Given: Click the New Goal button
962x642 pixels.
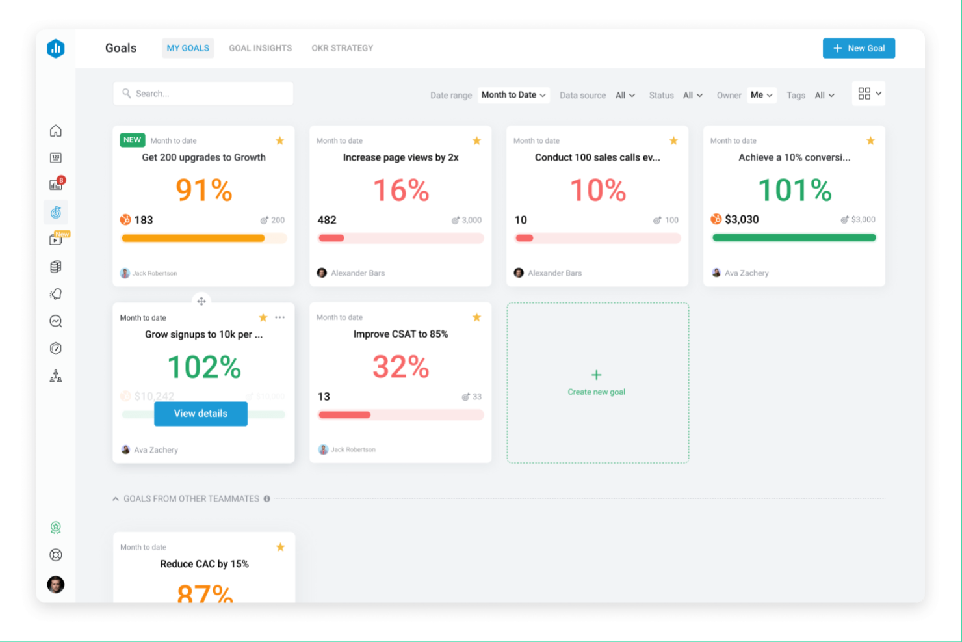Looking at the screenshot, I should tap(859, 48).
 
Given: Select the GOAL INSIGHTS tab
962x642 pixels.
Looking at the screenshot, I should tap(260, 48).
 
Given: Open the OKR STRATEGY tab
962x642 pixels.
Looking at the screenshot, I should tap(342, 48).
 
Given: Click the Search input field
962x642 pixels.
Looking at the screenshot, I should tap(203, 94).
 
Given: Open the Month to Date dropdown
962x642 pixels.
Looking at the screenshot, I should tap(513, 95).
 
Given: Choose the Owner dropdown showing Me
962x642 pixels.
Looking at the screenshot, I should tap(761, 95).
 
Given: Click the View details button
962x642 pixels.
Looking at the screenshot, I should tap(201, 414).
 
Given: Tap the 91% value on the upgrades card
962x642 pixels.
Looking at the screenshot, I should tap(204, 190).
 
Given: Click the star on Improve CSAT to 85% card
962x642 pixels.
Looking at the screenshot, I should tap(476, 317).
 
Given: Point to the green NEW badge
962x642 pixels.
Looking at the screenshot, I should tap(132, 140).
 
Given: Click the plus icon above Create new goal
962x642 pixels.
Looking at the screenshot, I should tap(596, 375).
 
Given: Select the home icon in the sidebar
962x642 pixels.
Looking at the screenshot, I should tap(56, 131).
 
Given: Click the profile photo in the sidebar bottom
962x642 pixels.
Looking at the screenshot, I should tap(56, 584).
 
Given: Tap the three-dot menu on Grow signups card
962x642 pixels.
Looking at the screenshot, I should tap(279, 317).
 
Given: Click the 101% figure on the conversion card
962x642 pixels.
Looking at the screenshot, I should tap(794, 190).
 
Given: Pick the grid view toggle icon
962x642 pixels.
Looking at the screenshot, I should tap(864, 94).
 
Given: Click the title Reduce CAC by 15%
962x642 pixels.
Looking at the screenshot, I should tap(204, 564).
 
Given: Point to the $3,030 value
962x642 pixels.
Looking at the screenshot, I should tap(742, 219).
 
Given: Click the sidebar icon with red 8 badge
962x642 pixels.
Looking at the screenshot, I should tap(56, 185).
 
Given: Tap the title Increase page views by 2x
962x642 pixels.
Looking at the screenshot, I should tap(400, 157).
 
